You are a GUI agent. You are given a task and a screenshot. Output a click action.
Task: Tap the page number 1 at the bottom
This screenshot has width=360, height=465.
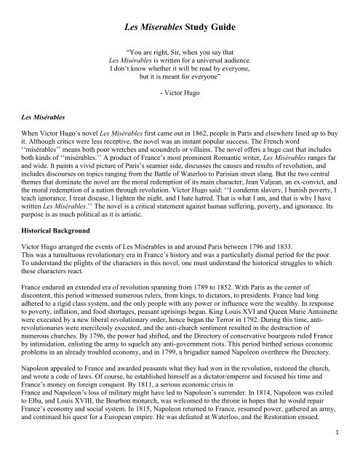tap(339, 454)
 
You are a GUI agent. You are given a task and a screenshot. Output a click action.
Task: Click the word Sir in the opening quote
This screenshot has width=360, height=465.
tap(172, 53)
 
